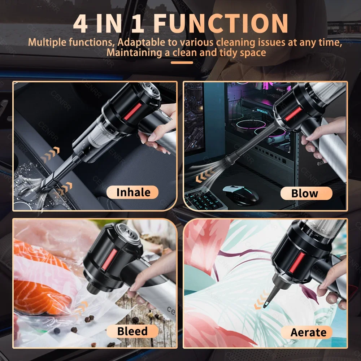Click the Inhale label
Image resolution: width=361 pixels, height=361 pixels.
coord(133,192)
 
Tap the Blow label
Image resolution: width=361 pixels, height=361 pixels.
coord(305,193)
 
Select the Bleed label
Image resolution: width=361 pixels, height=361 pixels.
coord(132,331)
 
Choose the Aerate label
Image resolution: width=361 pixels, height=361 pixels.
coord(308,332)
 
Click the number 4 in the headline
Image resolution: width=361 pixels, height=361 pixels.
coord(81,23)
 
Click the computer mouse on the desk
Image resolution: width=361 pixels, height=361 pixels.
coord(237,193)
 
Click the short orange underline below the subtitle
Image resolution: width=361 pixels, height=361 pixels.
coord(182,63)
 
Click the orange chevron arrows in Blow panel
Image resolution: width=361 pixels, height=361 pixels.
coord(204,178)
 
